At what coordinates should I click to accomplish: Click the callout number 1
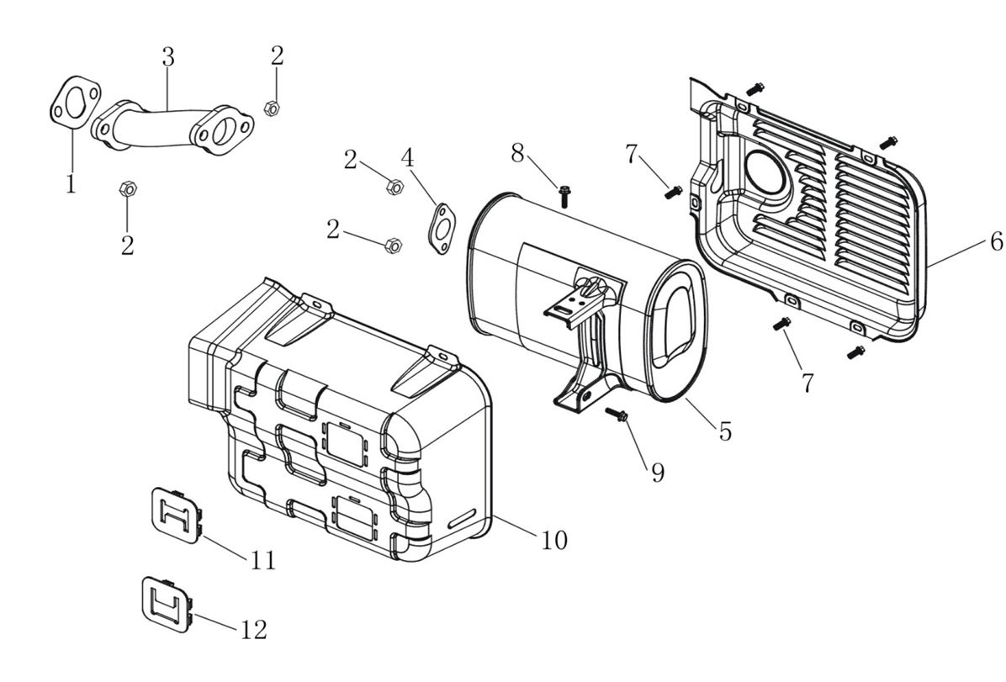[x=71, y=183]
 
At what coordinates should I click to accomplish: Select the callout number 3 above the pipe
[x=168, y=57]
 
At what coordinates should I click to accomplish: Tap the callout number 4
[x=407, y=157]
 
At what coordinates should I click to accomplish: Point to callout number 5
[x=725, y=431]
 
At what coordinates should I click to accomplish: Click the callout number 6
[x=996, y=242]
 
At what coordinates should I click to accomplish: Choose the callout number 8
[x=517, y=153]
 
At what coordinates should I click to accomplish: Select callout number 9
[x=657, y=472]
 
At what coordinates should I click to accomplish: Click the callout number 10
[x=553, y=539]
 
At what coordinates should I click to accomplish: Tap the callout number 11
[x=263, y=560]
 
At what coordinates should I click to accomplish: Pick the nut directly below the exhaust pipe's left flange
[x=127, y=188]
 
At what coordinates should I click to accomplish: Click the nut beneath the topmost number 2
[x=272, y=108]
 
